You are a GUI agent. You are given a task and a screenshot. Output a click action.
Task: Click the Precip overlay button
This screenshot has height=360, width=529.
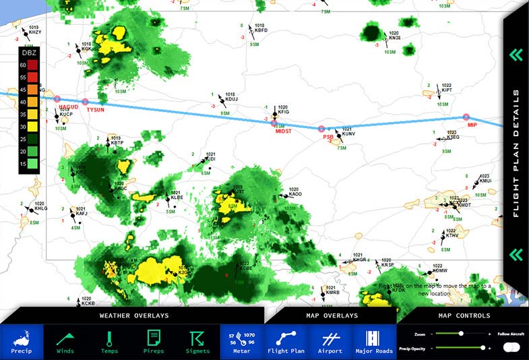click(22, 342)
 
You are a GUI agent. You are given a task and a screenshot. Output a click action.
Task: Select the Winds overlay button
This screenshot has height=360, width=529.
click(65, 342)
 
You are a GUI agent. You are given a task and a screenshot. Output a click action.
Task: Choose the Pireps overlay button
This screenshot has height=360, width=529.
click(154, 342)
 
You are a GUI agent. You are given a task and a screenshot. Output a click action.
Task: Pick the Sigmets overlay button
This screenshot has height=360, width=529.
click(197, 342)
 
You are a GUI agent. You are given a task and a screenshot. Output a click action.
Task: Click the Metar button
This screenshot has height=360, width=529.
click(242, 342)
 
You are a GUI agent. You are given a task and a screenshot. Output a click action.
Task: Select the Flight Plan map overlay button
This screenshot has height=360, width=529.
click(286, 342)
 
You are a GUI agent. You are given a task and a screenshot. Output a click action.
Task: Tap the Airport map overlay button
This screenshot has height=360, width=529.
click(330, 342)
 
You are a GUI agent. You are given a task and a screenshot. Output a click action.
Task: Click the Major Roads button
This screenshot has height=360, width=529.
click(374, 342)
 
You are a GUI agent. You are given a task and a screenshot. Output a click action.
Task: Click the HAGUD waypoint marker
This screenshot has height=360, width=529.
click(57, 98)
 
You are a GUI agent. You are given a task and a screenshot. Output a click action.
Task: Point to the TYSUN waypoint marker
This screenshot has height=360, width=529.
click(85, 102)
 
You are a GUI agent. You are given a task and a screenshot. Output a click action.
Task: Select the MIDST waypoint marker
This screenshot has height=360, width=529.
click(273, 123)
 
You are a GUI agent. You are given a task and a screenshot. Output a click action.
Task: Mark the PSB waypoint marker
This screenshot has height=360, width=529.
click(321, 127)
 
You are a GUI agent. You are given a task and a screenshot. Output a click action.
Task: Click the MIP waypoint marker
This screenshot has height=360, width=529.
click(466, 117)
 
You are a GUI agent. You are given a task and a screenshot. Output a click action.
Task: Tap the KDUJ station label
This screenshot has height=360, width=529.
click(232, 99)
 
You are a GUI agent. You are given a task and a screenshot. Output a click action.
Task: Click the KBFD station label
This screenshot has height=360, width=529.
click(261, 30)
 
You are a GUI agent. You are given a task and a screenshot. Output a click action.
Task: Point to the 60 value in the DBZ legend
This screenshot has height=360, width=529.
click(24, 65)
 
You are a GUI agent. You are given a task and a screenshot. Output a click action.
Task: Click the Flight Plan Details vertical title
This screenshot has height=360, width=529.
click(516, 154)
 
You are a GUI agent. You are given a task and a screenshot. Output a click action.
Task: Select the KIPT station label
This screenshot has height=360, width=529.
click(447, 90)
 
